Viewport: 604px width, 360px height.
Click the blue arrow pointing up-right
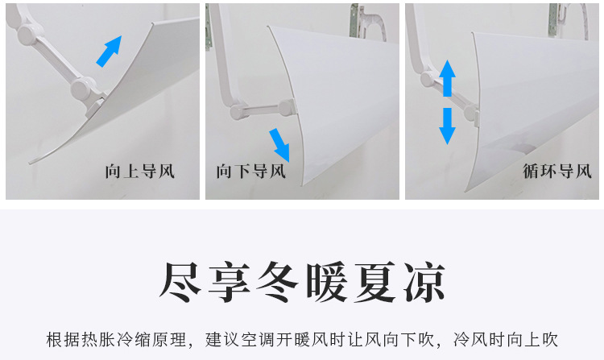click(x=110, y=52)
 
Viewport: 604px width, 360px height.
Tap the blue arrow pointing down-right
click(x=279, y=145)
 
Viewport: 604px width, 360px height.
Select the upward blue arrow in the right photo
click(x=447, y=78)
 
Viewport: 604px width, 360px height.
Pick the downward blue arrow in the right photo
click(x=447, y=126)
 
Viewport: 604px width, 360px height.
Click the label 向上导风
click(x=140, y=171)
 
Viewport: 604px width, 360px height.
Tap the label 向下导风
click(x=250, y=171)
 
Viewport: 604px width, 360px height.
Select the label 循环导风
click(x=557, y=171)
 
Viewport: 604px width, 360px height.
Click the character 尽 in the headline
click(x=180, y=282)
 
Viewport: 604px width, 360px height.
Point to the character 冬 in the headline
click(x=277, y=282)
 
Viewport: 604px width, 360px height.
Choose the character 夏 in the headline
click(x=375, y=282)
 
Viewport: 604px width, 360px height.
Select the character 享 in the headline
click(x=230, y=282)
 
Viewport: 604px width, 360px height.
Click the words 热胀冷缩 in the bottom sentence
click(x=116, y=340)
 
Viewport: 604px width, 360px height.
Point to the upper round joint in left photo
click(x=27, y=33)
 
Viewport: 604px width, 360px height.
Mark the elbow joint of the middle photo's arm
click(x=238, y=112)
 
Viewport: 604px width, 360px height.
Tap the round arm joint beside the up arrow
click(x=427, y=79)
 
